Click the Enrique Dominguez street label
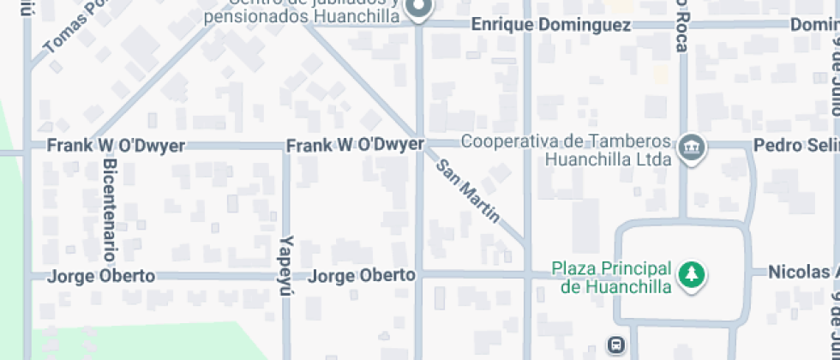[x=551, y=25]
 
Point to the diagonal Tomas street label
[x=74, y=27]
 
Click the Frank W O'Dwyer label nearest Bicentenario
[x=115, y=146]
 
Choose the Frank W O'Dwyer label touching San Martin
[x=355, y=145]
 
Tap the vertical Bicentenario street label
[x=109, y=209]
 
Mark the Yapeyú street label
[x=287, y=266]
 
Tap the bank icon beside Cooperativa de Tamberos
[x=688, y=148]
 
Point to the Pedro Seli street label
[x=795, y=146]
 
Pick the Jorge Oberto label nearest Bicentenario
[x=101, y=276]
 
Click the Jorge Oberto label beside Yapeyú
[x=362, y=276]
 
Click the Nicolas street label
[x=802, y=273]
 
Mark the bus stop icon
[x=615, y=345]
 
